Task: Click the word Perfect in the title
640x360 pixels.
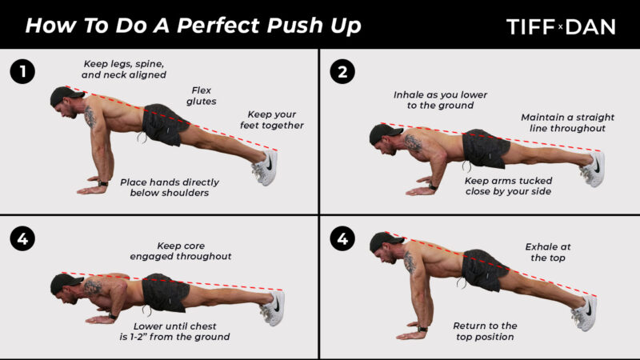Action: tap(218, 26)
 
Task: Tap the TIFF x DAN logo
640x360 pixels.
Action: tap(561, 27)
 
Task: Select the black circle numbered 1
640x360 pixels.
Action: tap(22, 72)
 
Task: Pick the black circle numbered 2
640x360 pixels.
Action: tap(342, 72)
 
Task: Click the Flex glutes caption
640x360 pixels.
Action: tap(202, 96)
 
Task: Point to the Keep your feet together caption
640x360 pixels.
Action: tap(272, 120)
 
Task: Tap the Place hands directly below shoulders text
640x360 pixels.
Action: tap(170, 187)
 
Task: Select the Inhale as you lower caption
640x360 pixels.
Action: tap(441, 100)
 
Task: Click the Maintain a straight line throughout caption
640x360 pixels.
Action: tap(567, 122)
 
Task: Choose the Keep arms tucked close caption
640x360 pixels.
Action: tap(508, 186)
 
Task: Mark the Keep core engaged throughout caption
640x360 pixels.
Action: tap(181, 251)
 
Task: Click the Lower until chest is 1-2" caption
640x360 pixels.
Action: tap(174, 331)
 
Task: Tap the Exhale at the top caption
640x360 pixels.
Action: tap(548, 252)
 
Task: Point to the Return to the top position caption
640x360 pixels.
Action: tap(485, 331)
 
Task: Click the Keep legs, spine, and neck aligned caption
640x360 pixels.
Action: tap(124, 69)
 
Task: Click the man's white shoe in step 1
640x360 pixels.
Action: tap(266, 167)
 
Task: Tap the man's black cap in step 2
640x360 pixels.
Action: tap(384, 133)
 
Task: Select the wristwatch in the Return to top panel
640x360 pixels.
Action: tap(422, 329)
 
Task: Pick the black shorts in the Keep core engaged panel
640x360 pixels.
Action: tap(165, 292)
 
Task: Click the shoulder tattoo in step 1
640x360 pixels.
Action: tap(90, 117)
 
